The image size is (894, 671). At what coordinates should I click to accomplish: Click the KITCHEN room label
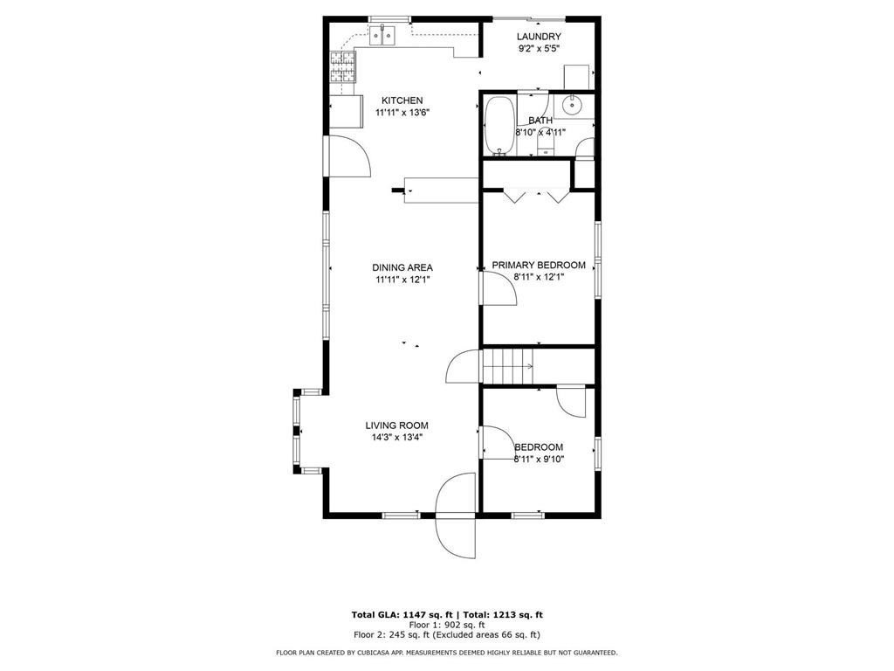pos(402,100)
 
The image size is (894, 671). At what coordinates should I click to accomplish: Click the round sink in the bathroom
pos(573,107)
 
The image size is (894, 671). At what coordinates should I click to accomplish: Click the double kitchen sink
pos(382,36)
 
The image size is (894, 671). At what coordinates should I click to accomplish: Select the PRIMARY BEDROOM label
pos(538,265)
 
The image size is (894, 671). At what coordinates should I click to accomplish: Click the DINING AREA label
pos(402,267)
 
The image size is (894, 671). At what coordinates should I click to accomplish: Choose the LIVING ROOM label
pos(396,425)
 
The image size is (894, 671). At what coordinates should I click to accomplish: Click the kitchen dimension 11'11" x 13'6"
pos(402,113)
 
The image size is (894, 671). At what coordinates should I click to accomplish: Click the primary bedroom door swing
pos(499,288)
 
